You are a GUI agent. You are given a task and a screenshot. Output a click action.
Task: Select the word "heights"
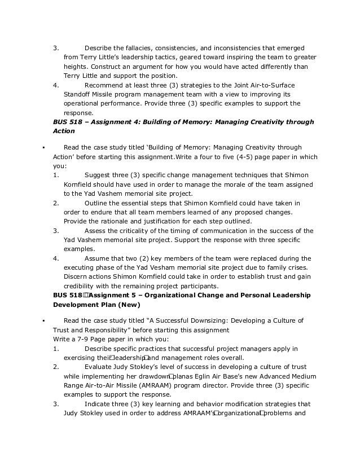click(x=75, y=66)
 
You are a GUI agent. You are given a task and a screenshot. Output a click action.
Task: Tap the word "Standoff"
click(x=77, y=94)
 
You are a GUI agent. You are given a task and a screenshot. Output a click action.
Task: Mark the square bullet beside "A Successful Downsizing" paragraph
click(x=43, y=321)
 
